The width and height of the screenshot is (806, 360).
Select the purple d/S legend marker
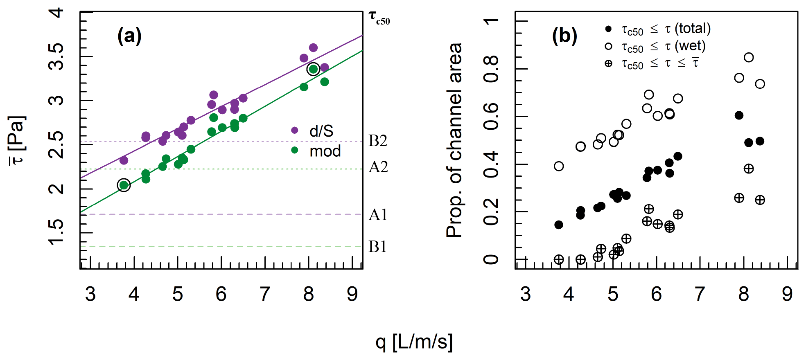(x=294, y=130)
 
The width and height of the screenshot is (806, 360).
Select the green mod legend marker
(x=294, y=150)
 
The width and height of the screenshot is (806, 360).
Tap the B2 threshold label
(x=377, y=141)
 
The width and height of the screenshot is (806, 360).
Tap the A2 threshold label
(x=378, y=167)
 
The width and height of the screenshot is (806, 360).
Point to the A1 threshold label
(x=377, y=215)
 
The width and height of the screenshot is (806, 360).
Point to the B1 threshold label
(x=377, y=247)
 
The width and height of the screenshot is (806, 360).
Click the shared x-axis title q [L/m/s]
(x=414, y=342)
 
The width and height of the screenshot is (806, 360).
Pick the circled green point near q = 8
(x=313, y=69)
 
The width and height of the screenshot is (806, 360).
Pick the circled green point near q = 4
(x=124, y=185)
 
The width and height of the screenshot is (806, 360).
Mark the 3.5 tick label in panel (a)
(x=56, y=56)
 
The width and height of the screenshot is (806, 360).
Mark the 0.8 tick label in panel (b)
(x=491, y=69)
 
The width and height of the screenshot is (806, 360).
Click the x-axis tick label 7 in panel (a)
(x=265, y=294)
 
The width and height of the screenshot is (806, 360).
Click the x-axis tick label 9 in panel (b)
(x=787, y=294)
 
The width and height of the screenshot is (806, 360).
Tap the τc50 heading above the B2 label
(x=379, y=18)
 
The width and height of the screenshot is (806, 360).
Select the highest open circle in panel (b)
(x=749, y=57)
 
